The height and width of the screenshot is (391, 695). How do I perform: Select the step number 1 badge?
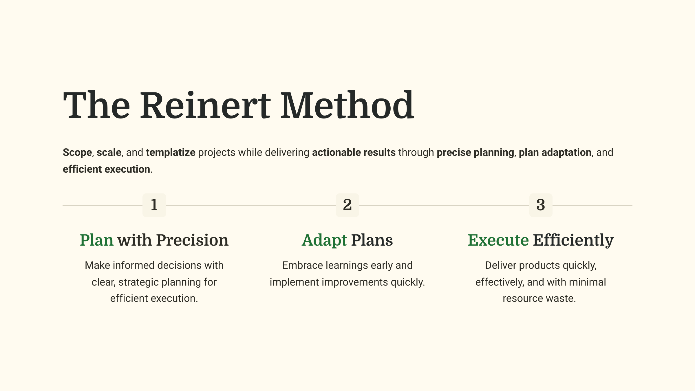pyautogui.click(x=154, y=205)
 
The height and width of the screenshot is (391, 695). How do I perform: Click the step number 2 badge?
pyautogui.click(x=347, y=205)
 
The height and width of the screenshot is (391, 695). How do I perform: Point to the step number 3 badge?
pyautogui.click(x=541, y=205)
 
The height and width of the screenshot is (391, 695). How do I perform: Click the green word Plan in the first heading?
pyautogui.click(x=97, y=240)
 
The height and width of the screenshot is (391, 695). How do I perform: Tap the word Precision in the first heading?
pyautogui.click(x=192, y=240)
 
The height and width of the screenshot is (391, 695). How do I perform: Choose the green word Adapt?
pyautogui.click(x=324, y=240)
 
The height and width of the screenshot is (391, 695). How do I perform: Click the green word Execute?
pyautogui.click(x=498, y=240)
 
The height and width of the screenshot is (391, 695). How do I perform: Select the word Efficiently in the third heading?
pyautogui.click(x=573, y=240)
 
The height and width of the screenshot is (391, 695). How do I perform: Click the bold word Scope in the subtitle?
pyautogui.click(x=77, y=152)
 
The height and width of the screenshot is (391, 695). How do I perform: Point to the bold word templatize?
pyautogui.click(x=171, y=152)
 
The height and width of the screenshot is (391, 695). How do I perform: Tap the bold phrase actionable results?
pyautogui.click(x=354, y=152)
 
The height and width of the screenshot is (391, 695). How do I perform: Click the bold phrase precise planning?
pyautogui.click(x=475, y=152)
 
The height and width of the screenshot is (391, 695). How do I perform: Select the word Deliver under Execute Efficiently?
pyautogui.click(x=501, y=265)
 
